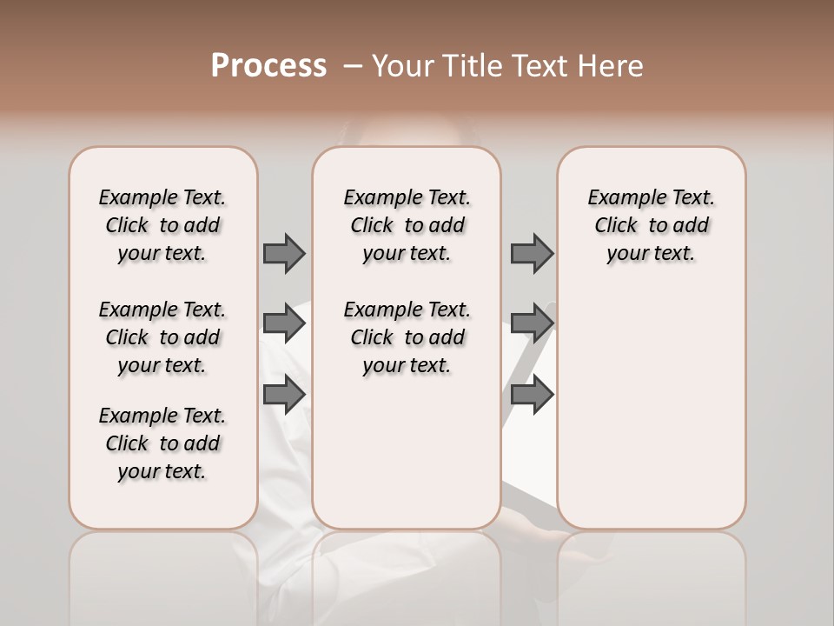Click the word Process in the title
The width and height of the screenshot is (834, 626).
(x=268, y=66)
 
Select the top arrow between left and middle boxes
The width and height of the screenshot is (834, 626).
(x=284, y=254)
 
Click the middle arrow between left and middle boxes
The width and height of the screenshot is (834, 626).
(x=284, y=323)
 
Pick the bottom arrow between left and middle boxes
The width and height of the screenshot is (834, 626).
(x=284, y=394)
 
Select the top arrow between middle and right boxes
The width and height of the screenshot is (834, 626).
(x=532, y=254)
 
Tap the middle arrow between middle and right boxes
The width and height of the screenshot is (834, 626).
(x=532, y=323)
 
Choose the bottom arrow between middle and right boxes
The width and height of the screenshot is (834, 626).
(x=532, y=394)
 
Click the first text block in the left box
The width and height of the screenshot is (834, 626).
(x=162, y=225)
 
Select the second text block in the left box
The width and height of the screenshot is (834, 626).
(x=162, y=337)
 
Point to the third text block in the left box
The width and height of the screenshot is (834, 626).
(x=162, y=443)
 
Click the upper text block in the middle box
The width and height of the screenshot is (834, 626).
(x=407, y=225)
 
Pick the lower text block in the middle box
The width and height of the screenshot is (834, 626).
(x=407, y=337)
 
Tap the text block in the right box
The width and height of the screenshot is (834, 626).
(x=651, y=225)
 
